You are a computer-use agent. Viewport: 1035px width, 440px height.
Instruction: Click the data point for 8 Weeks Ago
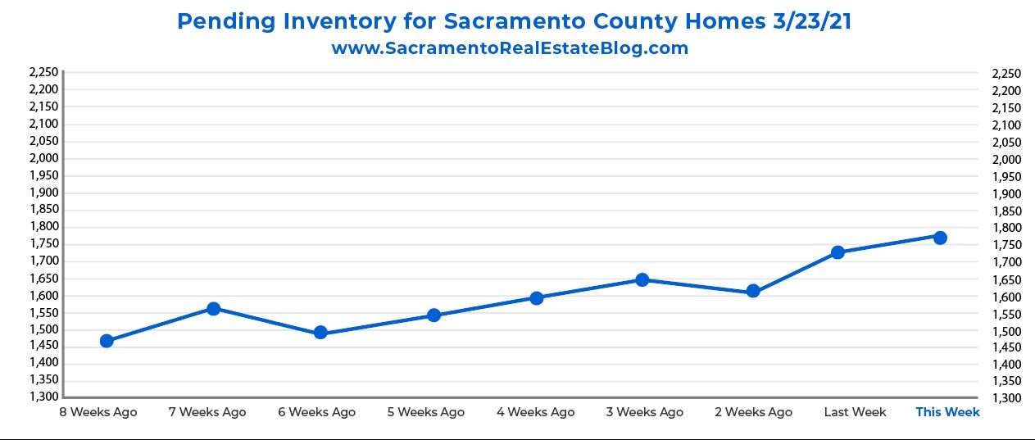point(107,341)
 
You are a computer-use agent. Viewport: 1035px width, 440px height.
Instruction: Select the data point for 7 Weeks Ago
point(214,309)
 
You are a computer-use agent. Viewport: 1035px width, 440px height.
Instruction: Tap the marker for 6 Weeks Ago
point(320,333)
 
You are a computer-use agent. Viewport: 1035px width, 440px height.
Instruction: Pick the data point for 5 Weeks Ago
point(434,315)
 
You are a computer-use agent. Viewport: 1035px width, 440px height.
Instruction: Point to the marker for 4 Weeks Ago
point(537,298)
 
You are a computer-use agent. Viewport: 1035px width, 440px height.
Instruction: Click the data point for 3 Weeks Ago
point(642,280)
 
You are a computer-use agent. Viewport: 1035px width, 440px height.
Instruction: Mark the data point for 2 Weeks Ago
point(753,292)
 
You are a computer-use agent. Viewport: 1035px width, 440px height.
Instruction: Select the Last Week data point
point(838,252)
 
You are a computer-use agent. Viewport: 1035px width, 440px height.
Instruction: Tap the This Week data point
point(940,238)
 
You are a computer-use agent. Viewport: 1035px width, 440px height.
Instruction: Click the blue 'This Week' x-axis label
point(947,412)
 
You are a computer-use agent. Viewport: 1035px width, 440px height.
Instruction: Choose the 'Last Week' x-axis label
point(855,412)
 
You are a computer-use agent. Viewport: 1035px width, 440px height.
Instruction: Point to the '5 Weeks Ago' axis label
point(425,412)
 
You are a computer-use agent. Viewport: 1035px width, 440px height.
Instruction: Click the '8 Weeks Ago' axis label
point(98,412)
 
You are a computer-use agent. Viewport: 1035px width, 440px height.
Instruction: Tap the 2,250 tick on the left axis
point(43,72)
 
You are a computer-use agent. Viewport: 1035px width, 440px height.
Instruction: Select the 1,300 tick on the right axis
point(1005,398)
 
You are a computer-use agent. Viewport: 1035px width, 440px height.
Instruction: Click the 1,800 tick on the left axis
point(43,227)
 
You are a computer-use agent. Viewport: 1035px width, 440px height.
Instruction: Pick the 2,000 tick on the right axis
point(1005,159)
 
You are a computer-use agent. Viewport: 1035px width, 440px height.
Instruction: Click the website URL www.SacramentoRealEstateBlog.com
point(510,48)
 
